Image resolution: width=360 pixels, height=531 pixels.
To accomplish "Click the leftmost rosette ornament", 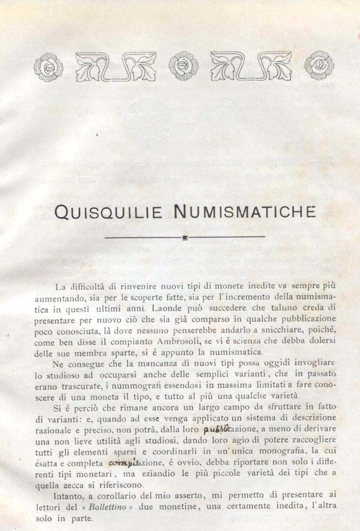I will [x=49, y=67].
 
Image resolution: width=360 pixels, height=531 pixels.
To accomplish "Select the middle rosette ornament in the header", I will [x=184, y=66].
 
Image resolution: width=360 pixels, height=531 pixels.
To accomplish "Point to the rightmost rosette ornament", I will [x=319, y=65].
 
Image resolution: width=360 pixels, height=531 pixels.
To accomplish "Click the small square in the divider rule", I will [x=185, y=238].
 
